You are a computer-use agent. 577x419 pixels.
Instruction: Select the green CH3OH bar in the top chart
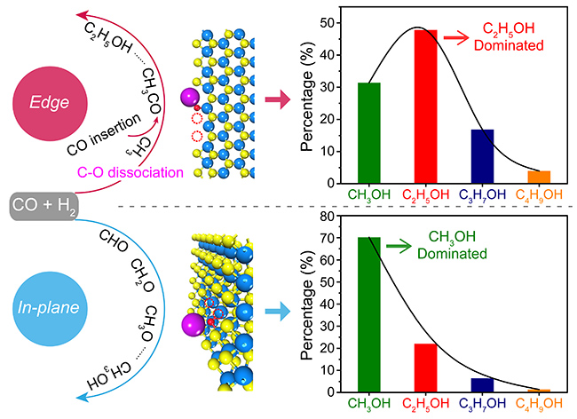(x=369, y=132)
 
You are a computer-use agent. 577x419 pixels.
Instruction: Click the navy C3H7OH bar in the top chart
(x=482, y=156)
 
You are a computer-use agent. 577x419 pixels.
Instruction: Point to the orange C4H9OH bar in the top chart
(x=539, y=177)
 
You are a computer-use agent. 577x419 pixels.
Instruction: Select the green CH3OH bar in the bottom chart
(x=369, y=314)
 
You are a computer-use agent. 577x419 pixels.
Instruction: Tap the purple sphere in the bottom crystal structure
(x=190, y=321)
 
